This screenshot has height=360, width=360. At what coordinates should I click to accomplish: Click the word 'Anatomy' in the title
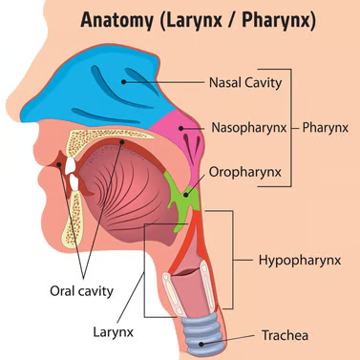[123, 20]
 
